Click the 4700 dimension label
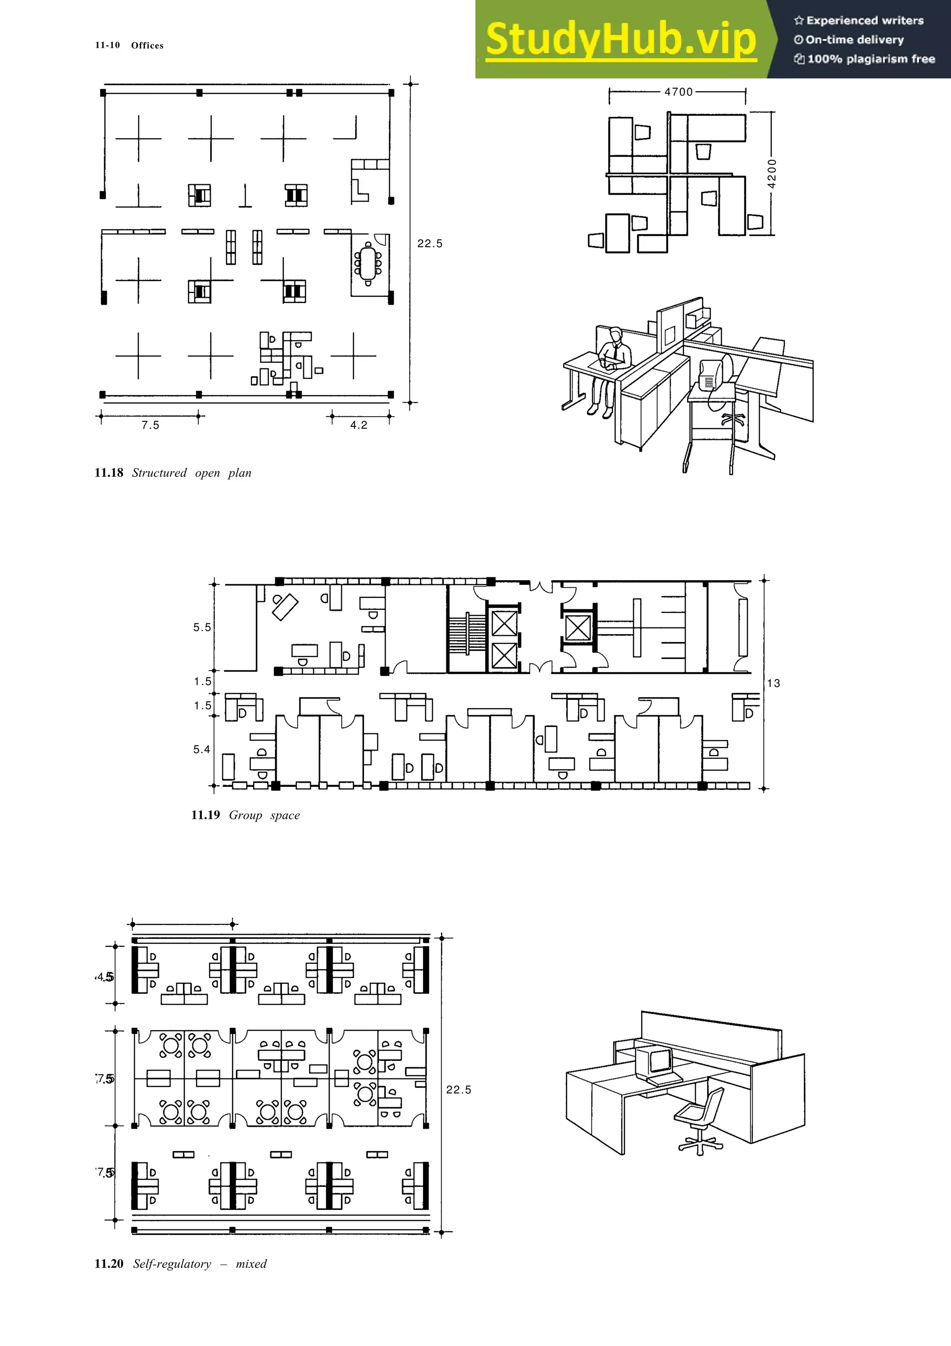(678, 92)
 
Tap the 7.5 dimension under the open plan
(150, 425)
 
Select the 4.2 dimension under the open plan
(358, 425)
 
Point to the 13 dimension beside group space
(774, 683)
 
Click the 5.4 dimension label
(202, 749)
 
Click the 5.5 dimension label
(202, 627)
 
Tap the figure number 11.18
(109, 472)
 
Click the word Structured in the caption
(159, 472)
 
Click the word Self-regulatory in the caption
(172, 1263)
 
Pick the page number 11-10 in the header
(107, 45)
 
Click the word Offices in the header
(147, 45)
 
